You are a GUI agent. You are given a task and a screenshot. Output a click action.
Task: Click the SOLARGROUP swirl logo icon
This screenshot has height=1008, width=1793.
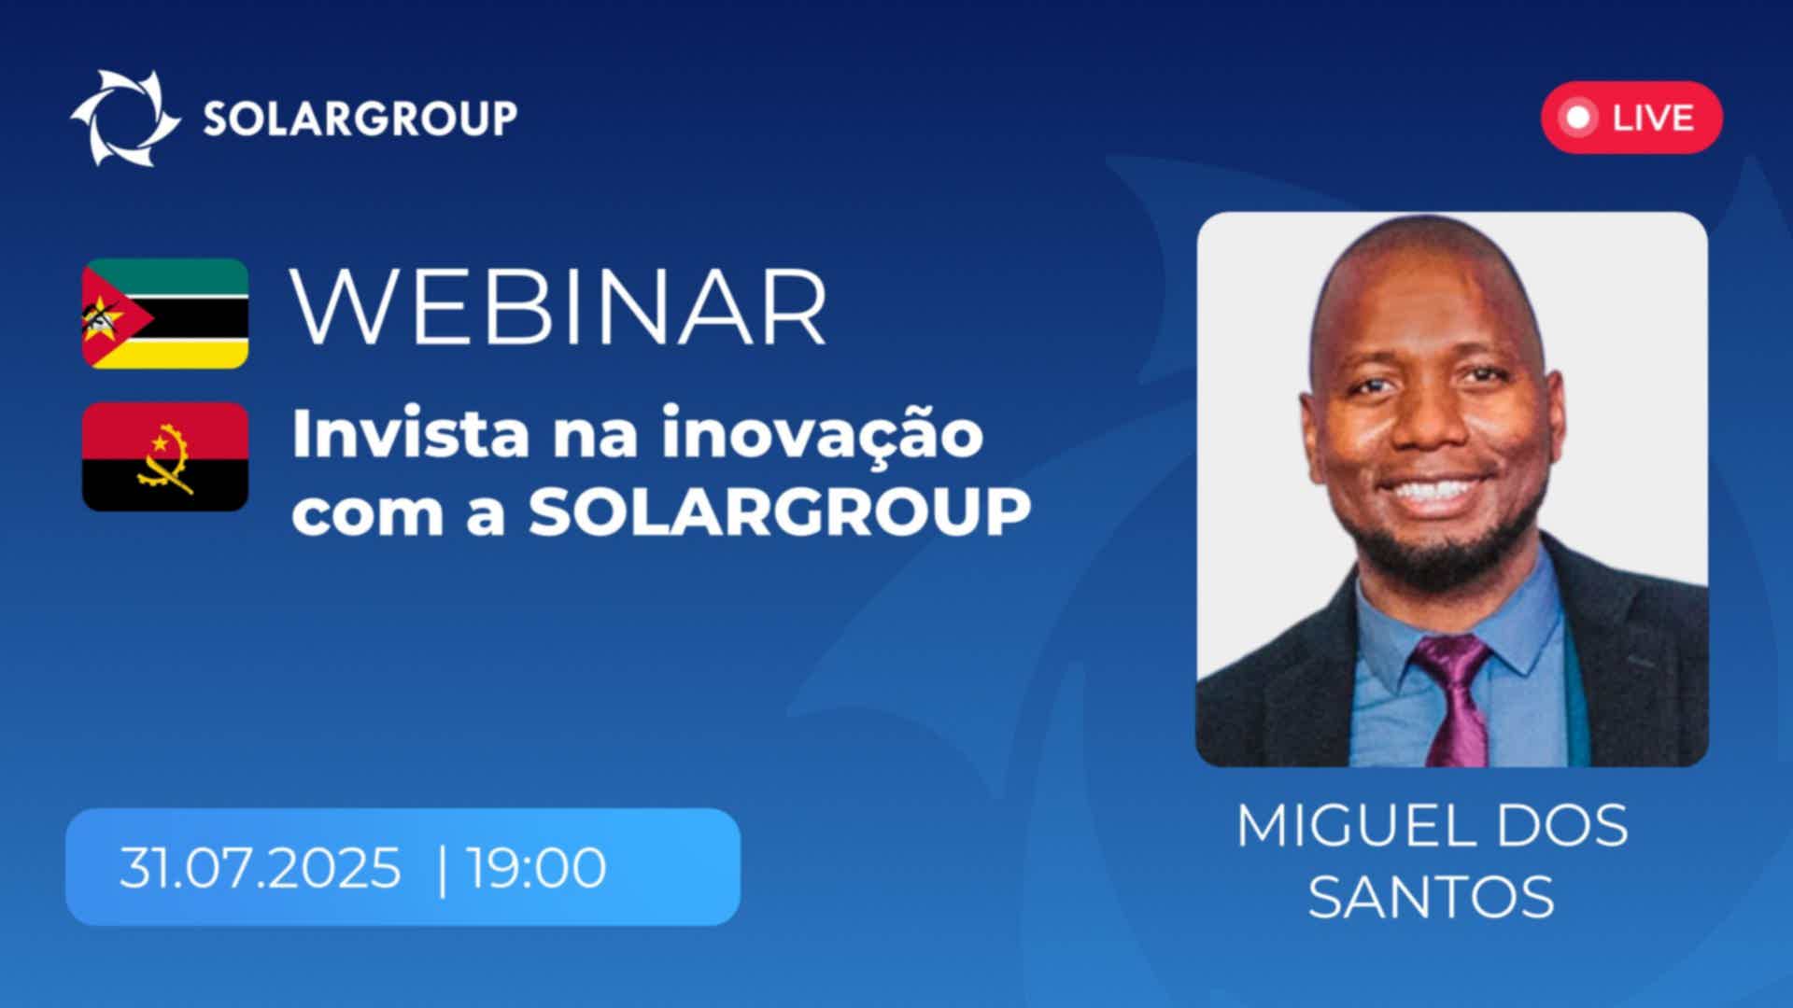[x=125, y=118]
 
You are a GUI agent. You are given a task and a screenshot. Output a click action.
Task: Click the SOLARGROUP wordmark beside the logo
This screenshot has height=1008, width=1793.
[x=360, y=119]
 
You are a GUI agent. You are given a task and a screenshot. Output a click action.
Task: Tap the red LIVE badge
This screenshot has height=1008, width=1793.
[x=1631, y=118]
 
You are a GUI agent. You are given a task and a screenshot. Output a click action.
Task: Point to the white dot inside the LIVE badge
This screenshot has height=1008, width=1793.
[x=1578, y=118]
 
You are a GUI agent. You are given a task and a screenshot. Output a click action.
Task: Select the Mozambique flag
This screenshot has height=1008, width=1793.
[x=165, y=314]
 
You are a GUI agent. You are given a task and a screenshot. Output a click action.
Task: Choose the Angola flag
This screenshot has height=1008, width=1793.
[x=165, y=456]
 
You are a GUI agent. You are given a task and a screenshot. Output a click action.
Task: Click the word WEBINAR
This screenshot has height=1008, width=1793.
[x=559, y=309]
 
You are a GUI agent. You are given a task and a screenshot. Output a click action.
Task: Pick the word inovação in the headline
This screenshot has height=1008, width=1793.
[x=823, y=435]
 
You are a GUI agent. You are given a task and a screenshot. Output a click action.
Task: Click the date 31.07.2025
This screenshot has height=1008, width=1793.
[x=260, y=868]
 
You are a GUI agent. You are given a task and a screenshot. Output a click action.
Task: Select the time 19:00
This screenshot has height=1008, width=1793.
[x=536, y=868]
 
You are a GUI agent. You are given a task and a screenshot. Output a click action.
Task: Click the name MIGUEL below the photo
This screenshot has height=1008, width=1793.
[x=1354, y=826]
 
